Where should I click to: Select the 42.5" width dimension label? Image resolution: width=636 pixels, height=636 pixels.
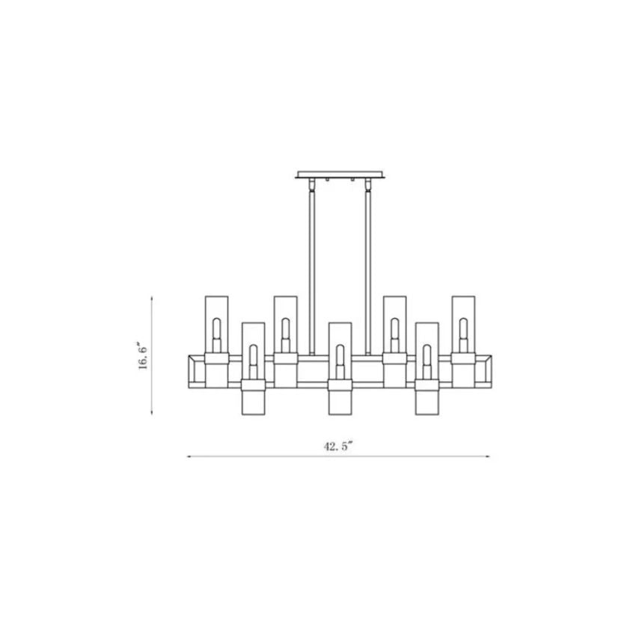(x=337, y=447)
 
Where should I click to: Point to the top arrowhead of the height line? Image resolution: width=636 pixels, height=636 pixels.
(x=153, y=299)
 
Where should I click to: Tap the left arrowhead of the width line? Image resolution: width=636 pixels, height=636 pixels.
(x=188, y=456)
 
